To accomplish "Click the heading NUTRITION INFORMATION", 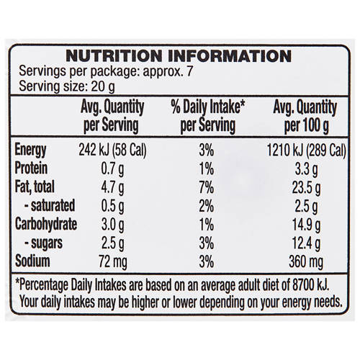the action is tap(179, 56).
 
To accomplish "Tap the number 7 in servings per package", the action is tap(190, 71).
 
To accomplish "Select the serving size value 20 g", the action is tap(103, 87).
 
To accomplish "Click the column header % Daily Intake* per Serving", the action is tap(208, 117).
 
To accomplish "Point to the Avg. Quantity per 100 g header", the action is tap(305, 117).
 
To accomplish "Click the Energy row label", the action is tap(30, 150).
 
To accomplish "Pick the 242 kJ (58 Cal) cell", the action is tap(112, 150).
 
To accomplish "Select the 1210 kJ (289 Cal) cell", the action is tap(307, 150).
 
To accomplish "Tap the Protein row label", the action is tap(31, 168).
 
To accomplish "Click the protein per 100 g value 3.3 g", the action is tap(306, 169).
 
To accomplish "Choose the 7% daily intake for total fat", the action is tap(207, 187).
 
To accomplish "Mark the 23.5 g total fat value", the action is tap(306, 188).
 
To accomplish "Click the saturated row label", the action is tap(50, 206).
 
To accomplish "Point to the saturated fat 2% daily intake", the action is tap(207, 206).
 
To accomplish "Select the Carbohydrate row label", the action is tap(46, 224).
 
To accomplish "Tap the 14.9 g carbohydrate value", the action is tap(306, 225).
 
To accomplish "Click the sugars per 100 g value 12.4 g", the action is tap(306, 243).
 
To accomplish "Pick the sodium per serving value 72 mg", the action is tap(113, 261).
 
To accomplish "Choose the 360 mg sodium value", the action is tap(306, 261).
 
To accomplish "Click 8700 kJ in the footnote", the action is tap(310, 285).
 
